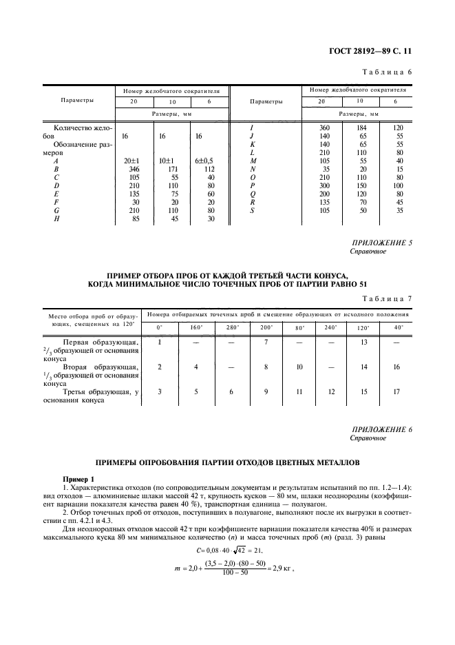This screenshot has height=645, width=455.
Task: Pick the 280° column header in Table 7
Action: pos(232,327)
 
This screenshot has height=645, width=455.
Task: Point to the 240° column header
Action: pos(332,327)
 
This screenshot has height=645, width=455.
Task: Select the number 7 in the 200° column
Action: pos(266,342)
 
